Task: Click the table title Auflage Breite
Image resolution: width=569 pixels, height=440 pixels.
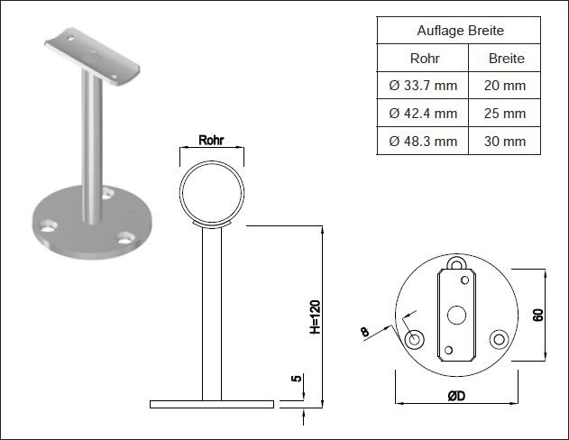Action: point(460,31)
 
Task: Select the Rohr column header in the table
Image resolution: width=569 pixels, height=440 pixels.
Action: point(425,58)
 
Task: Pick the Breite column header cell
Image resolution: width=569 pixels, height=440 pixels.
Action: point(506,58)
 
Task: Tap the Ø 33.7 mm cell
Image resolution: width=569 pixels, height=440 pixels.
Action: point(423,86)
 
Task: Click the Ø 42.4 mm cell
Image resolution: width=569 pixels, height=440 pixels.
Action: point(423,114)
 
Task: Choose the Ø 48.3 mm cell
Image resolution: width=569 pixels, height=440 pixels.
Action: point(423,141)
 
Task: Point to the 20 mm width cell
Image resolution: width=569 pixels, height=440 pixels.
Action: point(505,86)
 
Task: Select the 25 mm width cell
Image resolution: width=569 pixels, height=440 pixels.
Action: point(505,114)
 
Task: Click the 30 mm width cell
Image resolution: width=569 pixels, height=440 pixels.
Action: point(505,141)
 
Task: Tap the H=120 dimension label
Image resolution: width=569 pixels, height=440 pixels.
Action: point(315,317)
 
